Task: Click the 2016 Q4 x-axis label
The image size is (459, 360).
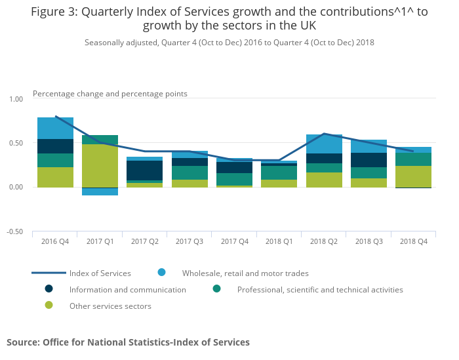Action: [55, 241]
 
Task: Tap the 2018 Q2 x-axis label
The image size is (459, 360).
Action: [324, 241]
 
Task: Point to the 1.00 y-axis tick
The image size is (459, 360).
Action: [14, 99]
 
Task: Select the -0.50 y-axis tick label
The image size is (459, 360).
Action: [14, 232]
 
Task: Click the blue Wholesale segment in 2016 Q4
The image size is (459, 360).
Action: [55, 129]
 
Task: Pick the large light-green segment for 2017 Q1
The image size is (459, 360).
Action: [100, 165]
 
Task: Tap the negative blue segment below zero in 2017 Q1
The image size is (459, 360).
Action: [100, 191]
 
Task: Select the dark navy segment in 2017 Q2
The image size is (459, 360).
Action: [144, 170]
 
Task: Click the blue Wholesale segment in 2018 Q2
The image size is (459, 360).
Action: [324, 144]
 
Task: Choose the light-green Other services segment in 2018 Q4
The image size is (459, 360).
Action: [413, 176]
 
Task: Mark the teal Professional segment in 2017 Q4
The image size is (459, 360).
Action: [234, 179]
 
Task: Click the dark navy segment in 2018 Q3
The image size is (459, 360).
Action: [369, 160]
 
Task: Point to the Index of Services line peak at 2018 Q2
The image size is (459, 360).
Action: [324, 134]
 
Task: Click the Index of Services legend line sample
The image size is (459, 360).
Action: [49, 273]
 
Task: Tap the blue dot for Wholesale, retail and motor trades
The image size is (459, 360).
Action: [161, 272]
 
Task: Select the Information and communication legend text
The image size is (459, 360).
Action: [127, 290]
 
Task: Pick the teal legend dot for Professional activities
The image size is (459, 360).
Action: [216, 289]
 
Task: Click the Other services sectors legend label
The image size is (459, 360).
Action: [110, 306]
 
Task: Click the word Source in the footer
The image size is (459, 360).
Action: [22, 342]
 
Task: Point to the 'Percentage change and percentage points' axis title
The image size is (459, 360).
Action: [110, 94]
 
